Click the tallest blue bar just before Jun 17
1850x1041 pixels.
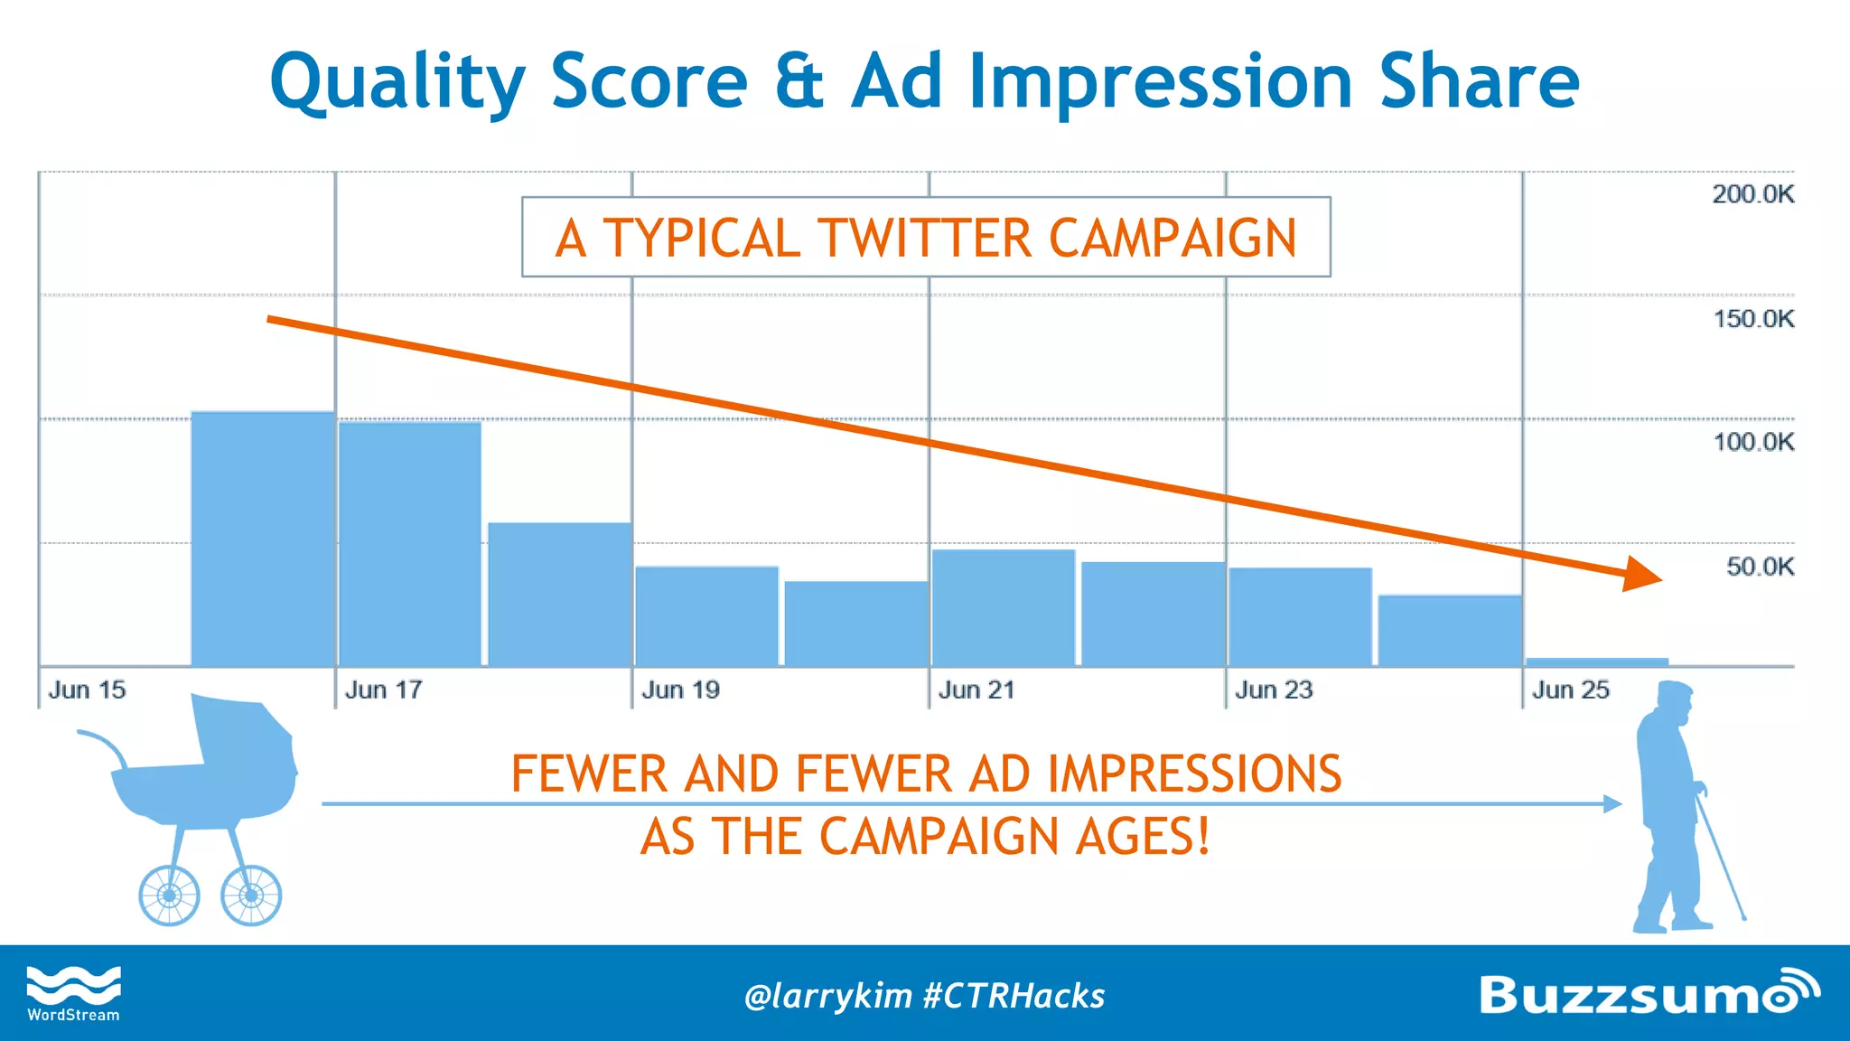pyautogui.click(x=263, y=539)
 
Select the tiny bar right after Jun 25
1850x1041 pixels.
pyautogui.click(x=1597, y=662)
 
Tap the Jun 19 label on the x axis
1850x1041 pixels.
pyautogui.click(x=680, y=690)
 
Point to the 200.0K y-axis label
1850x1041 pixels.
pyautogui.click(x=1752, y=194)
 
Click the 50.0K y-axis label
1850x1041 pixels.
pyautogui.click(x=1760, y=567)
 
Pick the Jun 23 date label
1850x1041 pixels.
pyautogui.click(x=1274, y=690)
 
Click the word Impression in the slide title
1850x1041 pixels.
pyautogui.click(x=1161, y=82)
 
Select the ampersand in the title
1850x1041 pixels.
pyautogui.click(x=799, y=82)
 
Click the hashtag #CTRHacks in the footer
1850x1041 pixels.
pyautogui.click(x=1014, y=996)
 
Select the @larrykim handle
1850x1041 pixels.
pyautogui.click(x=828, y=996)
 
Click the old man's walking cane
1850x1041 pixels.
pyautogui.click(x=1722, y=858)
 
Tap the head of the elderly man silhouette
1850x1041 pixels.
pyautogui.click(x=1676, y=700)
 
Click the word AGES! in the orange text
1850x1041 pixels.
pyautogui.click(x=1142, y=836)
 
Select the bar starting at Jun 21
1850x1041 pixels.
pyautogui.click(x=1003, y=608)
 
